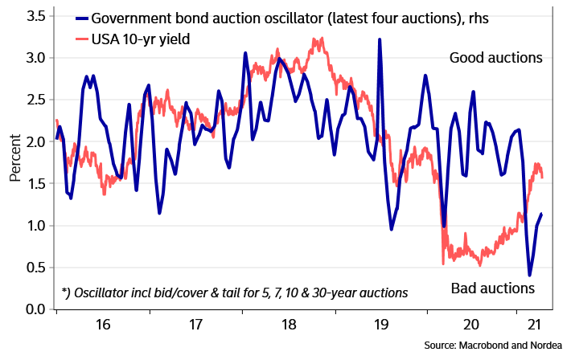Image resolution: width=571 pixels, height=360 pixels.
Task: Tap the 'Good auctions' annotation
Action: [496, 58]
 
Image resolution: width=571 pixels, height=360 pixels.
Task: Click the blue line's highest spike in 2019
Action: [379, 39]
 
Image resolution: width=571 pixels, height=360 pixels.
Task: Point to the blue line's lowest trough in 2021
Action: [529, 276]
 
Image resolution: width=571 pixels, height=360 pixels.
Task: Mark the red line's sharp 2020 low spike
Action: [443, 263]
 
